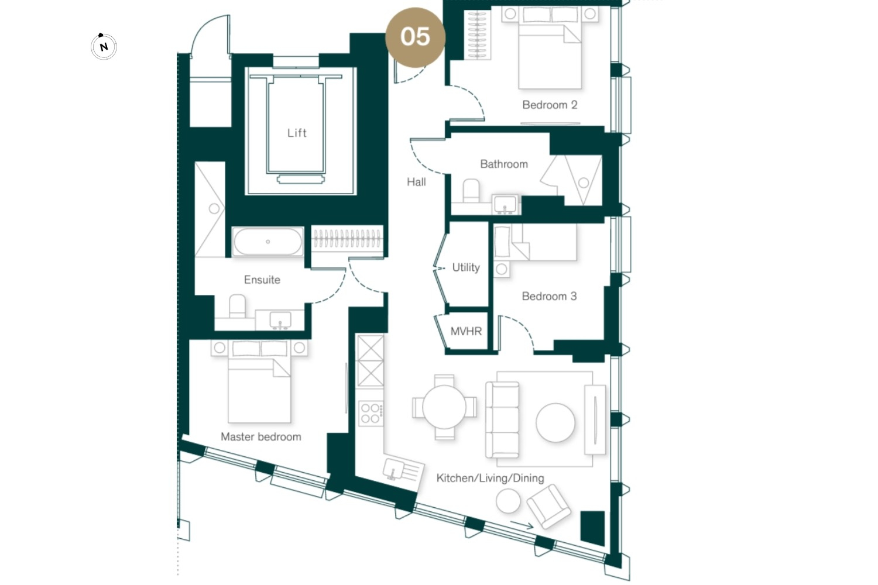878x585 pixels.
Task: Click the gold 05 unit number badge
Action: tap(416, 37)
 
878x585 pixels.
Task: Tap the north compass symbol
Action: tap(104, 47)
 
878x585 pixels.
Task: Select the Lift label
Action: tap(297, 133)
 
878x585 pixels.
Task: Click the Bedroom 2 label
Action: tap(550, 105)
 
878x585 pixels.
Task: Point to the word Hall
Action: tap(416, 182)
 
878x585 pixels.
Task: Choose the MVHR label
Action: tap(466, 332)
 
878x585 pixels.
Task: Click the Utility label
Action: tap(466, 267)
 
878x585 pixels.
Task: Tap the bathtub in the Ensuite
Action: tap(267, 242)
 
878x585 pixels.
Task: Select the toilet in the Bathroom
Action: tap(471, 191)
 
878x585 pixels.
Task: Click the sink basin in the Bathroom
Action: tap(505, 205)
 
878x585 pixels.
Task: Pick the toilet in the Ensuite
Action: tap(237, 306)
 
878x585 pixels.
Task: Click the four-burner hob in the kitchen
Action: tap(371, 413)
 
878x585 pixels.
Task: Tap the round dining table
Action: tap(444, 407)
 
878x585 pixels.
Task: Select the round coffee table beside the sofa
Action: tap(555, 423)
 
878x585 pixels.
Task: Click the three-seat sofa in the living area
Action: tap(502, 419)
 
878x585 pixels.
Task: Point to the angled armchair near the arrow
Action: tap(548, 506)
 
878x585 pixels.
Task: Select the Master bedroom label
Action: tap(261, 436)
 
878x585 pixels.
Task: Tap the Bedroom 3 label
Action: tap(549, 296)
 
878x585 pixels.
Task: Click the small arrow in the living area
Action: tap(522, 525)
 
